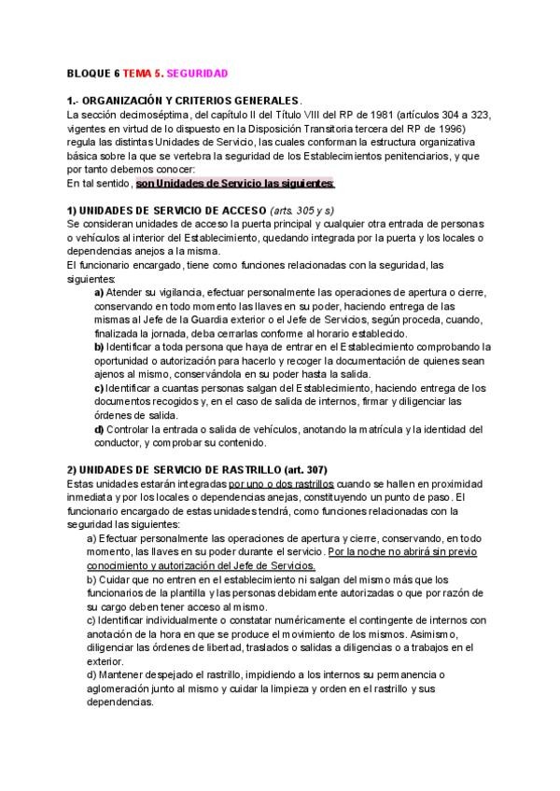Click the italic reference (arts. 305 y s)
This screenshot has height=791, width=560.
pyautogui.click(x=301, y=212)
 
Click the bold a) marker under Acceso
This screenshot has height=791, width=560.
pyautogui.click(x=99, y=293)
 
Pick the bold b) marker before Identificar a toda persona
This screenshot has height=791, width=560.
pyautogui.click(x=99, y=347)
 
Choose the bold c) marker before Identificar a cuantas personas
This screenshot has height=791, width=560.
pyautogui.click(x=99, y=388)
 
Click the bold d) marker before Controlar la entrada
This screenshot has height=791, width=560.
pyautogui.click(x=99, y=429)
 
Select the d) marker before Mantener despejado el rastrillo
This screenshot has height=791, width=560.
pyautogui.click(x=91, y=674)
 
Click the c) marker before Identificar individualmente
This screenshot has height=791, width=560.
pyautogui.click(x=91, y=620)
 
